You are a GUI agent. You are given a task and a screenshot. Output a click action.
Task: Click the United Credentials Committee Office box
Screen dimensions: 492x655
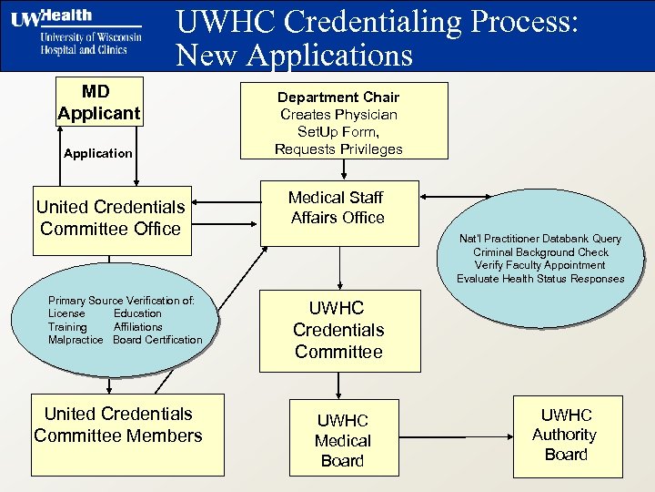tap(110, 218)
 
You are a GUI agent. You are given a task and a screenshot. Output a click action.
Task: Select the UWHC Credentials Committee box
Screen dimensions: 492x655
tap(338, 330)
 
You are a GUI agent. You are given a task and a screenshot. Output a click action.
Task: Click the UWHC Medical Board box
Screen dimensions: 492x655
tap(343, 440)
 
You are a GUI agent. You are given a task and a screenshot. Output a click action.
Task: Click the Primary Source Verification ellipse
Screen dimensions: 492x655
tap(125, 320)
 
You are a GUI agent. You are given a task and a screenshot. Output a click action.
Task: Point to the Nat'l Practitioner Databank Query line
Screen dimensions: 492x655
tap(540, 239)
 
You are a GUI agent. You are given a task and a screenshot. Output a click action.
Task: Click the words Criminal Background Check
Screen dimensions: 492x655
tap(540, 251)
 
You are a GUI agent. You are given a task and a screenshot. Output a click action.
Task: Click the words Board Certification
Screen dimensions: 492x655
tap(157, 340)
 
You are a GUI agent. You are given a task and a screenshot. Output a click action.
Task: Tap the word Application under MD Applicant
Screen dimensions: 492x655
tap(97, 153)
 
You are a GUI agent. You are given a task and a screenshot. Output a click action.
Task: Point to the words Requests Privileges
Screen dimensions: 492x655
tap(338, 149)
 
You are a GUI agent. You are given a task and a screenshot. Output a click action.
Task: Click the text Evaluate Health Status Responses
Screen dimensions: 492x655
tap(540, 279)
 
